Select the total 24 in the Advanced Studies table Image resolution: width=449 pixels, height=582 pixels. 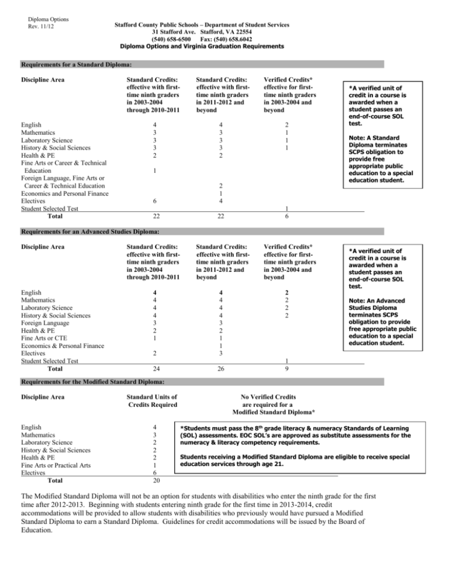(137, 369)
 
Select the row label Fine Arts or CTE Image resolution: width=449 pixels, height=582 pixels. (49, 338)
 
